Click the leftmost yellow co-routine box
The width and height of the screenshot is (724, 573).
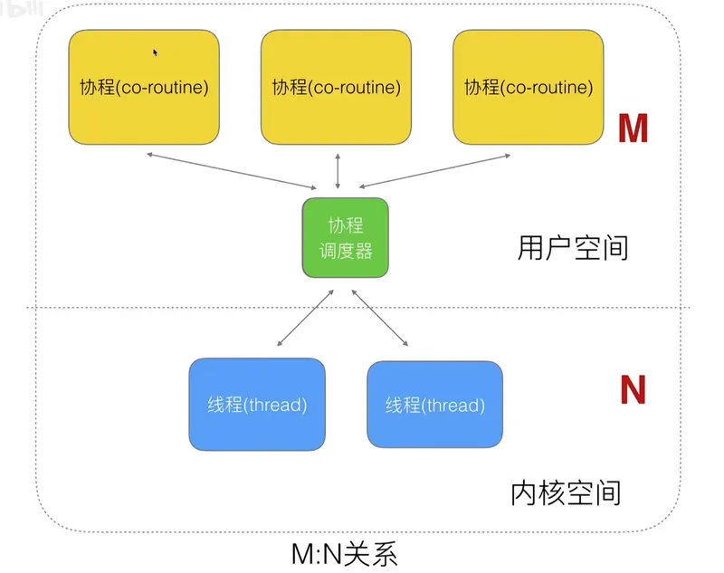pyautogui.click(x=144, y=87)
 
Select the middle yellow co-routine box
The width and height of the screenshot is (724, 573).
pyautogui.click(x=336, y=87)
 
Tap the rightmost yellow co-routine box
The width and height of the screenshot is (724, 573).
pyautogui.click(x=528, y=87)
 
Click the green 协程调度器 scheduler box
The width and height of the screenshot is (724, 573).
pyautogui.click(x=345, y=237)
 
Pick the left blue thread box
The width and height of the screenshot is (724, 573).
pyautogui.click(x=256, y=404)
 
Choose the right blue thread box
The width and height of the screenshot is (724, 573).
pyautogui.click(x=434, y=404)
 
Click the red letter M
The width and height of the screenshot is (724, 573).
pyautogui.click(x=633, y=129)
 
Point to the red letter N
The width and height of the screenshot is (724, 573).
pyautogui.click(x=633, y=390)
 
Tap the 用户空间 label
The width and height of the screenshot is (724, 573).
pyautogui.click(x=573, y=247)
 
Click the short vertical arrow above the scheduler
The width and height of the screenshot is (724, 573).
pyautogui.click(x=338, y=170)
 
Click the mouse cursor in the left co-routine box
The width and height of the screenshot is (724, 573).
pyautogui.click(x=156, y=53)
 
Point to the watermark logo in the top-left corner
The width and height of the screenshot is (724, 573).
pyautogui.click(x=20, y=9)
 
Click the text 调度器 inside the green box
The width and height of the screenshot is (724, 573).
pyautogui.click(x=345, y=250)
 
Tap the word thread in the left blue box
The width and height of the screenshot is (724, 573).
pyautogui.click(x=276, y=405)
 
